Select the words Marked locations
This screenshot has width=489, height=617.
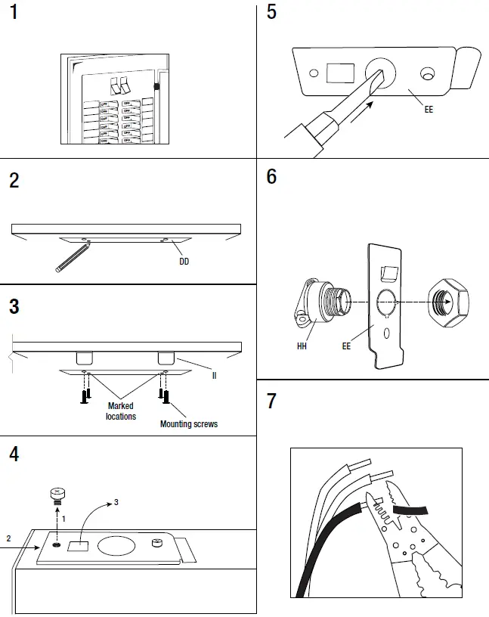(x=121, y=411)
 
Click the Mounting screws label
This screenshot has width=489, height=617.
(x=188, y=424)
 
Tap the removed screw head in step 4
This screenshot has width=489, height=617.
(x=55, y=495)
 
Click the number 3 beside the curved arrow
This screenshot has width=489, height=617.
(x=116, y=502)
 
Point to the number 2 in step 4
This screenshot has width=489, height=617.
(x=8, y=538)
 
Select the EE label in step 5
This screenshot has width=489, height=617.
(x=429, y=110)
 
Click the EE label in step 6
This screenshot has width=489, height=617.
(x=346, y=346)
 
